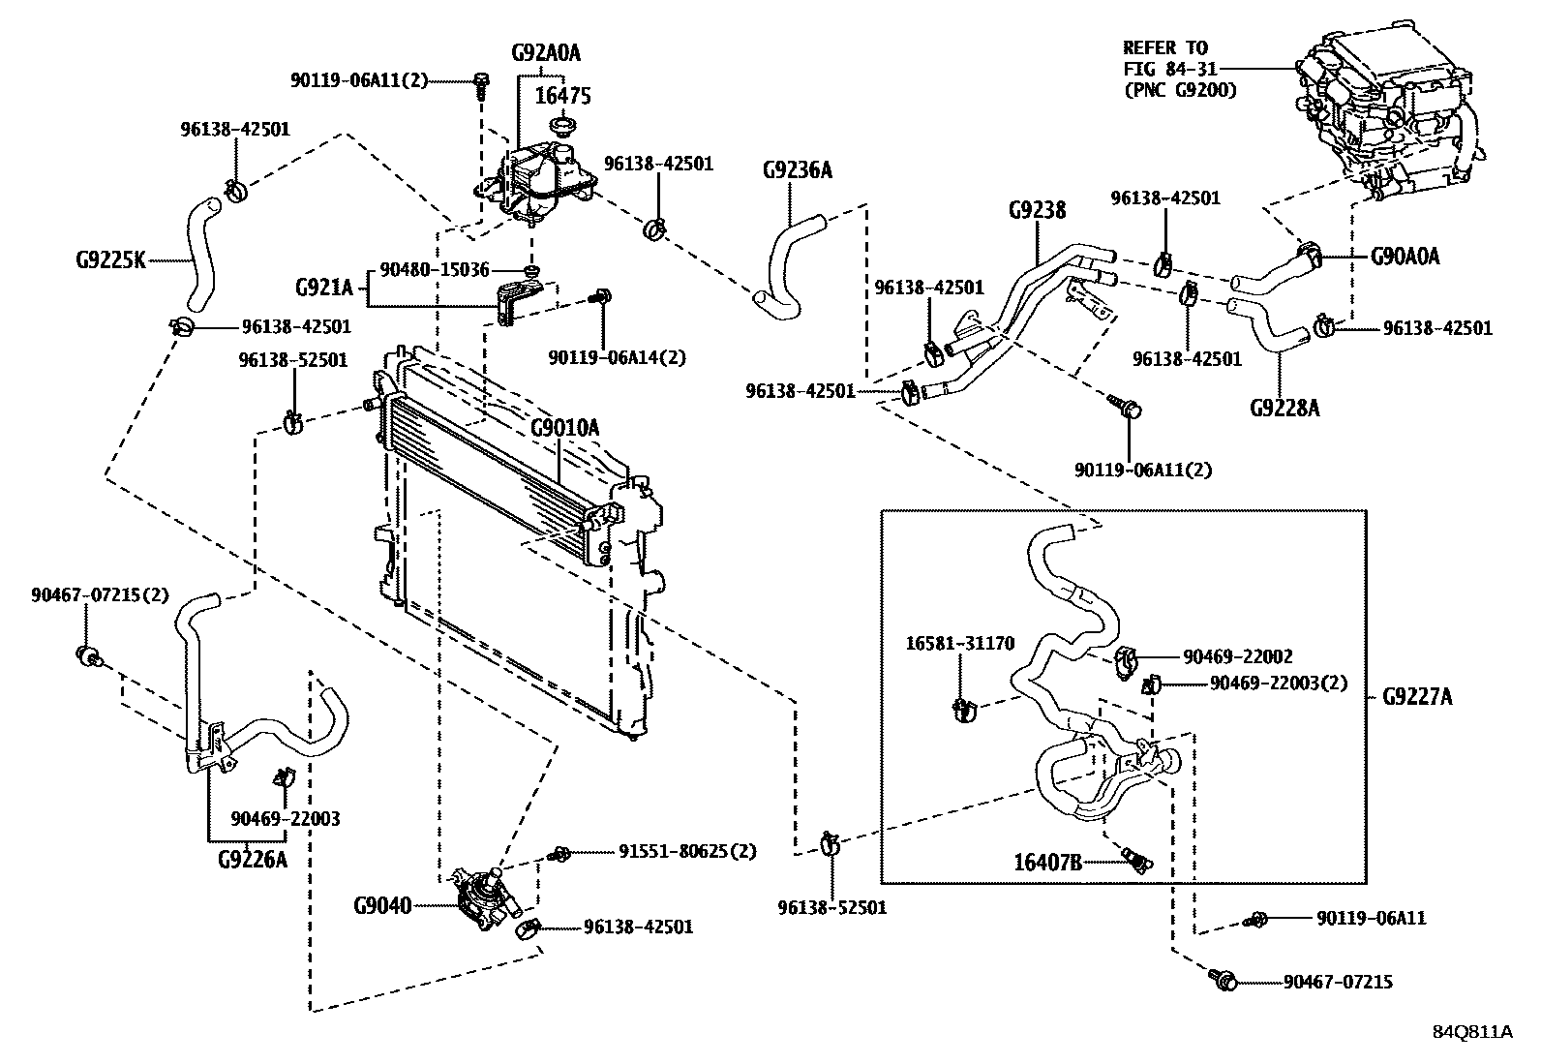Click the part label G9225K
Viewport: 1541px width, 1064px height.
[109, 259]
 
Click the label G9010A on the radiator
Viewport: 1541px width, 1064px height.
[564, 427]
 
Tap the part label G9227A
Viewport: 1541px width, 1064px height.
[1416, 696]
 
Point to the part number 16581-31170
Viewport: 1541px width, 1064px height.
[959, 643]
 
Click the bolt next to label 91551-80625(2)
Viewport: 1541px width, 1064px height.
[559, 853]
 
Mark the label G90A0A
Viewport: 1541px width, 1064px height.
[1405, 257]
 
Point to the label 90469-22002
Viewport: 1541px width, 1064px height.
[1236, 656]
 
